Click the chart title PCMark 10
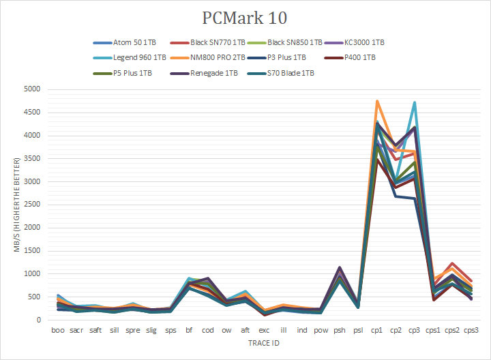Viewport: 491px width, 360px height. coord(245,16)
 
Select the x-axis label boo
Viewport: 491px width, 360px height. coord(59,330)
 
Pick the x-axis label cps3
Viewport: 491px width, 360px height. coord(471,330)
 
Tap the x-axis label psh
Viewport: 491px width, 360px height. coord(340,330)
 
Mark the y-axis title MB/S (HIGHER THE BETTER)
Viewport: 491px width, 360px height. coord(20,205)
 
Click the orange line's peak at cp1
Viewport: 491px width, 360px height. coord(377,101)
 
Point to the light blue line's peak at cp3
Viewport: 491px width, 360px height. coord(415,102)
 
